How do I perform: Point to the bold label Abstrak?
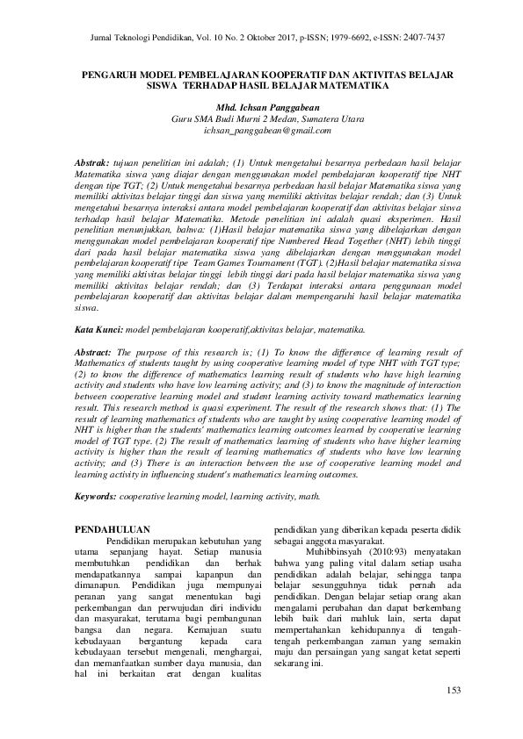coord(92,163)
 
